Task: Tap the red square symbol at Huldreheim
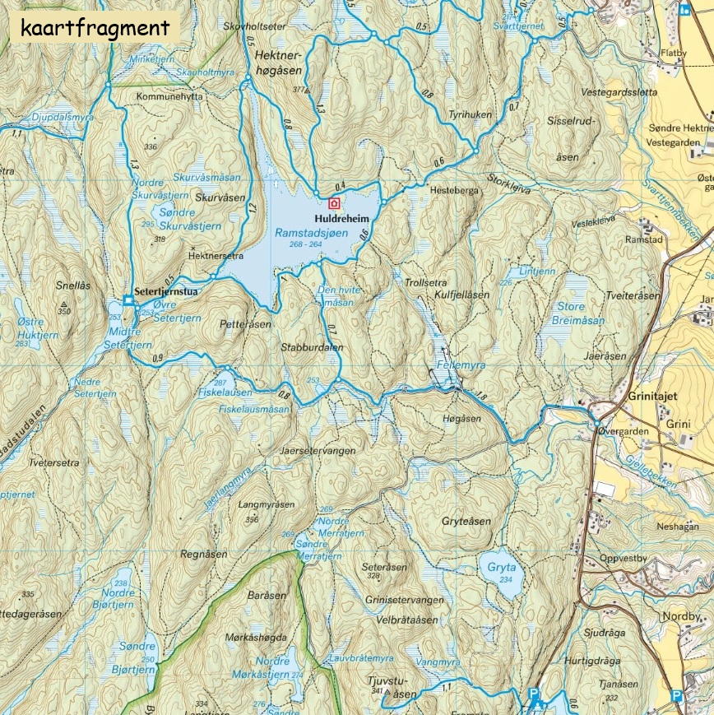334,203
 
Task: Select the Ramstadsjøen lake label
312,234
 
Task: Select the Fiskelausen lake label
223,392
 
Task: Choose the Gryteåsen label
466,522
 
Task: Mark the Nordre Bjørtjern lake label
117,598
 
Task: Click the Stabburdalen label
312,347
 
